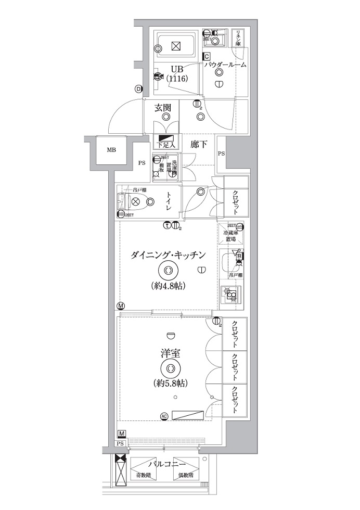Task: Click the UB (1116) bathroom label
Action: [176, 73]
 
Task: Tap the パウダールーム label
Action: [225, 65]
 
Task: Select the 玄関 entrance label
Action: [163, 108]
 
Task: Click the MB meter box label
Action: [111, 150]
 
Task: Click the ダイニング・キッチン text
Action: [169, 254]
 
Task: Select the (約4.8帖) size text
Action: [169, 286]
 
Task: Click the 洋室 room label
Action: [170, 353]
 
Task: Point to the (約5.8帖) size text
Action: [171, 384]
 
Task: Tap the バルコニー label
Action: [164, 463]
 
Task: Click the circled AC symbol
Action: [164, 416]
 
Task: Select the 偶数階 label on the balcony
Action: [186, 475]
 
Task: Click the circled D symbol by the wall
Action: [138, 89]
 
